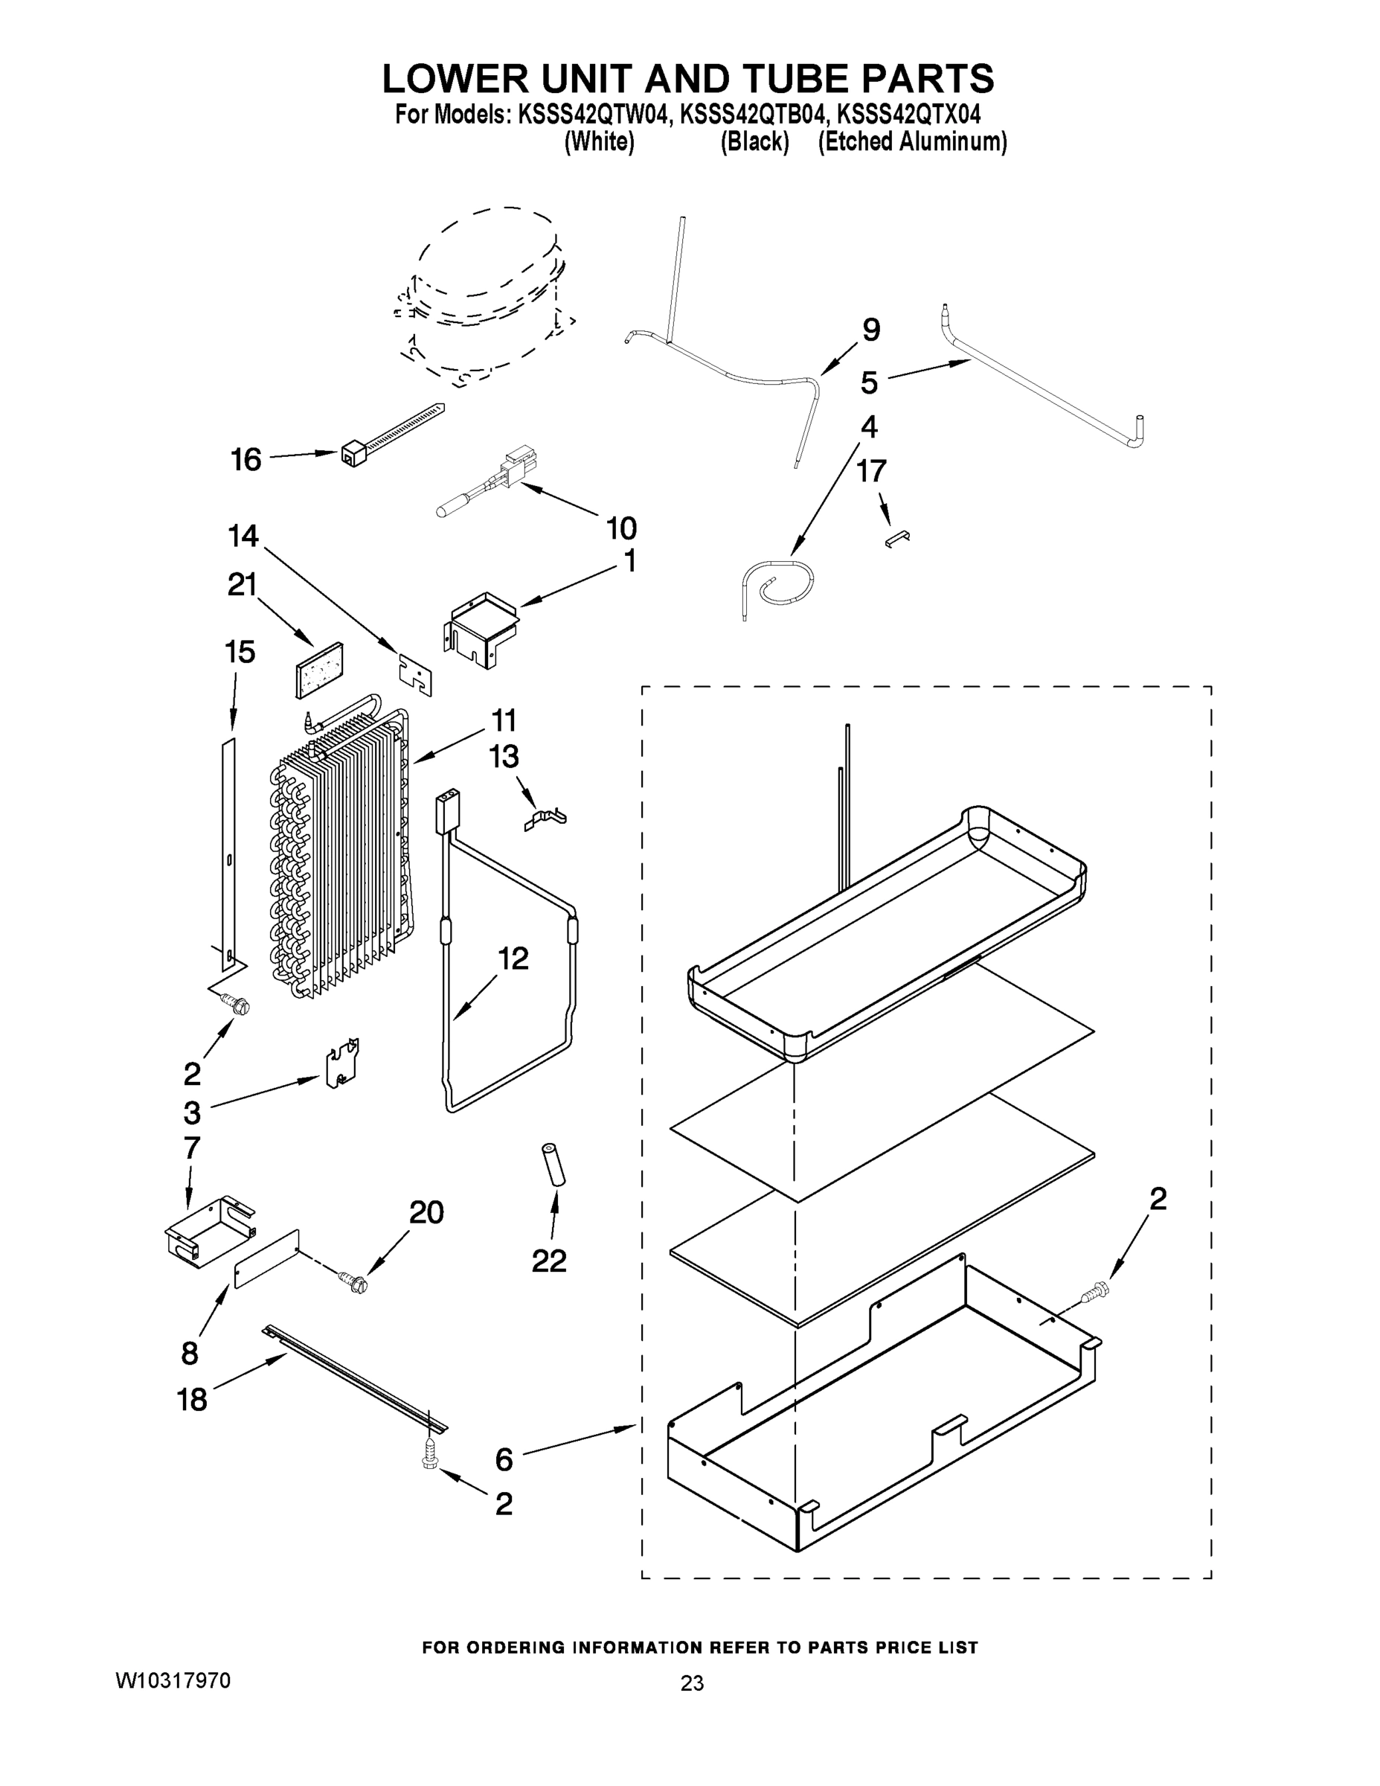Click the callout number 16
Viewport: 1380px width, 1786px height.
pos(245,460)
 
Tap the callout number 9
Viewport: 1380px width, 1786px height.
pos(871,330)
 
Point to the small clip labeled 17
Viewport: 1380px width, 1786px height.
pos(898,537)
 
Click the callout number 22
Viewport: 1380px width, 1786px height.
pos(548,1261)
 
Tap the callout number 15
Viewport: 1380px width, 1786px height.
pos(240,652)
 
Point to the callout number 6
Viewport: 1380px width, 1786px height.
pos(504,1460)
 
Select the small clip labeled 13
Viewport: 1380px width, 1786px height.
pos(545,819)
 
